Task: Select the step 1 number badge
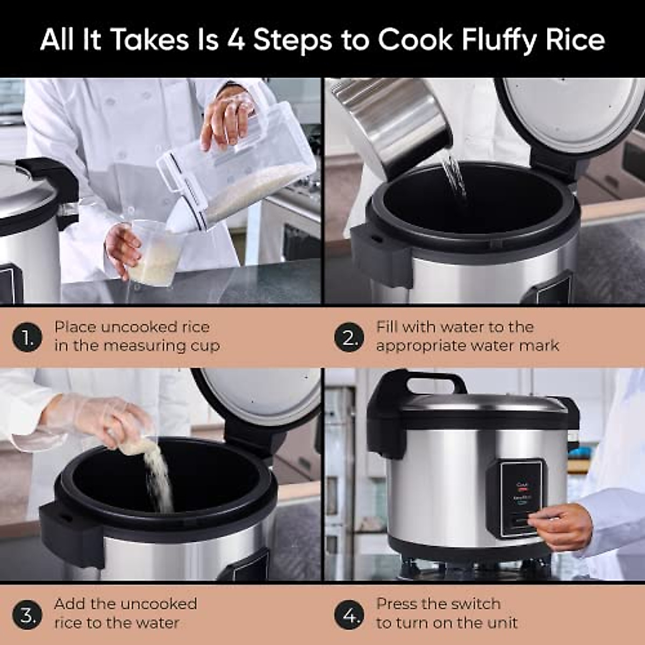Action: [27, 338]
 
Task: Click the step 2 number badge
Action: [349, 338]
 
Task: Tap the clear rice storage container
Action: [242, 167]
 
